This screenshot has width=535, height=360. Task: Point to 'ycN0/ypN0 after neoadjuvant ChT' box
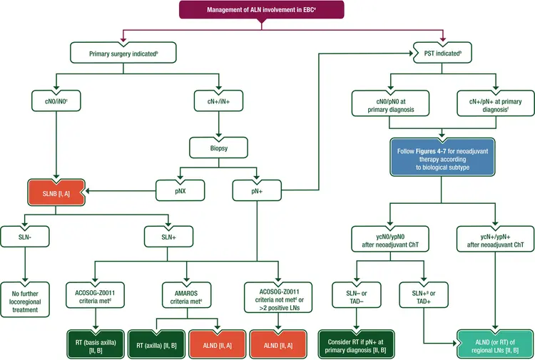pos(390,239)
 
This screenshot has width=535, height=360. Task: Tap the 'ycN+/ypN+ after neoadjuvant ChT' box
pos(494,239)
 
